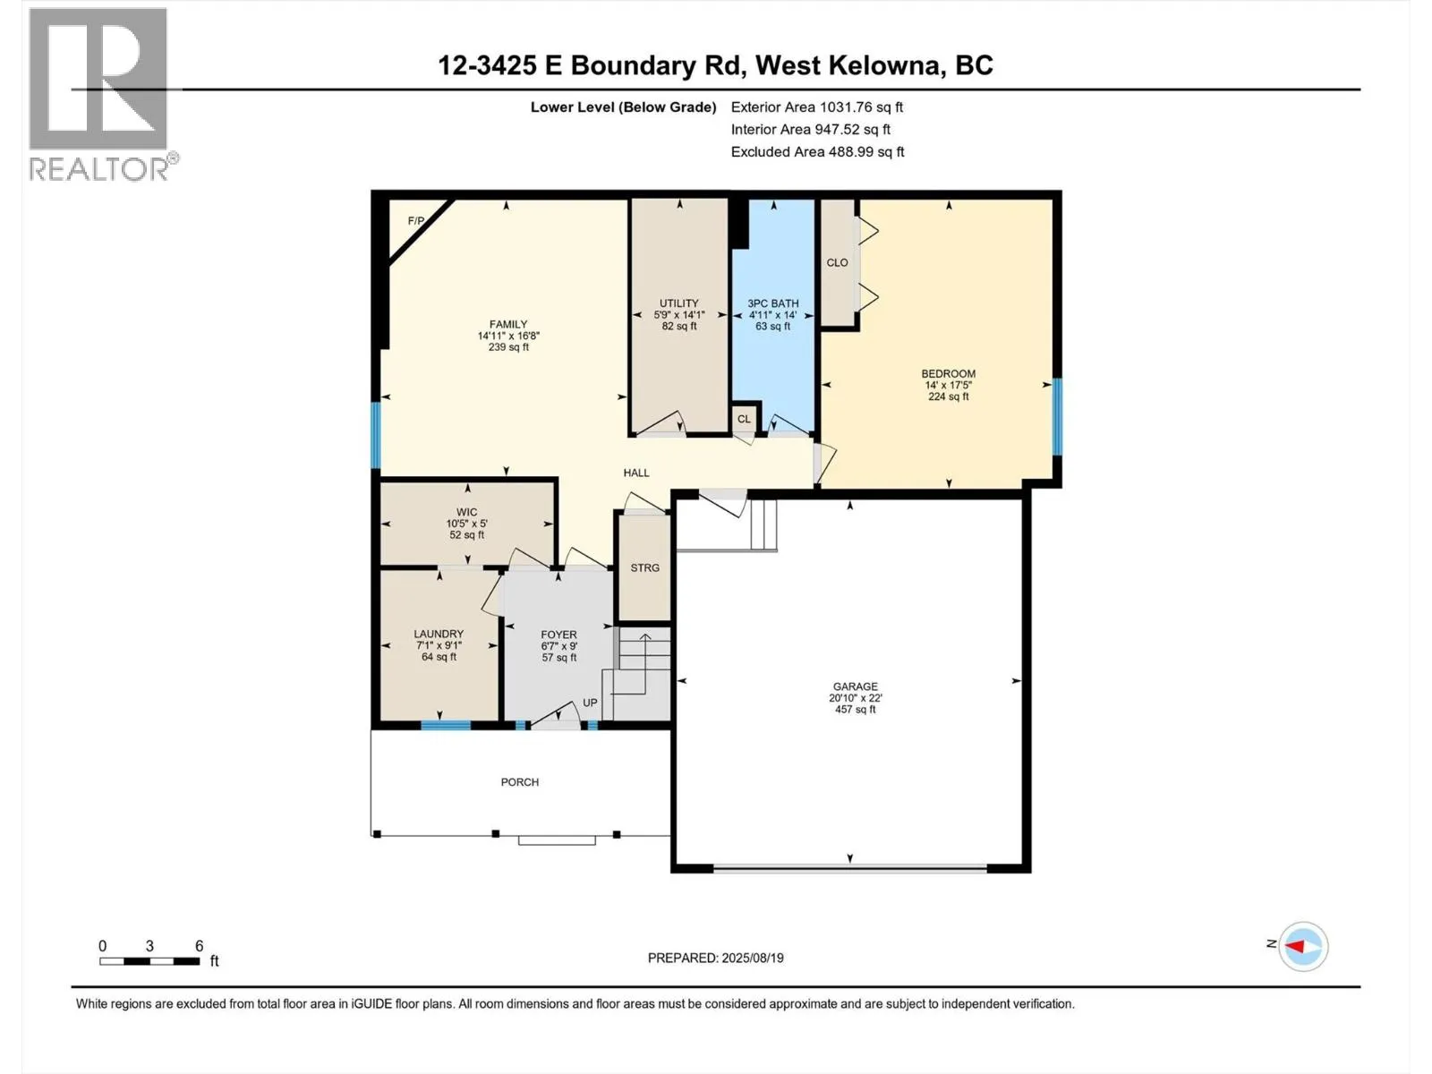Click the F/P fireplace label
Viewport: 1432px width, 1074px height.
[x=415, y=221]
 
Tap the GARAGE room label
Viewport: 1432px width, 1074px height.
[x=855, y=686]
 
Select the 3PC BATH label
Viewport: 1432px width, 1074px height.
[x=772, y=303]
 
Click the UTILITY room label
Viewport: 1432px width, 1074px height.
[x=678, y=303]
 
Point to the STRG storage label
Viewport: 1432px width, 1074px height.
[x=644, y=567]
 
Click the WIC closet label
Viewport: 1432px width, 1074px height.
[x=466, y=512]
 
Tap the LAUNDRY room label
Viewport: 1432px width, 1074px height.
[x=439, y=634]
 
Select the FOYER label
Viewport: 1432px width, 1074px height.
[x=558, y=635]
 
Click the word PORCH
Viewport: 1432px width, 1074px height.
[x=519, y=782]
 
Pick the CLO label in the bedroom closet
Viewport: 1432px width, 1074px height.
[x=837, y=262]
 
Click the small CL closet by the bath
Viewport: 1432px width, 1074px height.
[x=744, y=419]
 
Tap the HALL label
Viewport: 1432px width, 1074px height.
[x=636, y=473]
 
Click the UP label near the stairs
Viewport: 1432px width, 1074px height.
[x=590, y=703]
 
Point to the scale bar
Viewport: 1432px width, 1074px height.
[x=149, y=961]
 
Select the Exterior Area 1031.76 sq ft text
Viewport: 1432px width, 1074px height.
[x=816, y=107]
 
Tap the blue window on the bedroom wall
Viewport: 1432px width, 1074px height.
[x=1057, y=416]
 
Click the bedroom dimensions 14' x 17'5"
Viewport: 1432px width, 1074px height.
[x=948, y=385]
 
